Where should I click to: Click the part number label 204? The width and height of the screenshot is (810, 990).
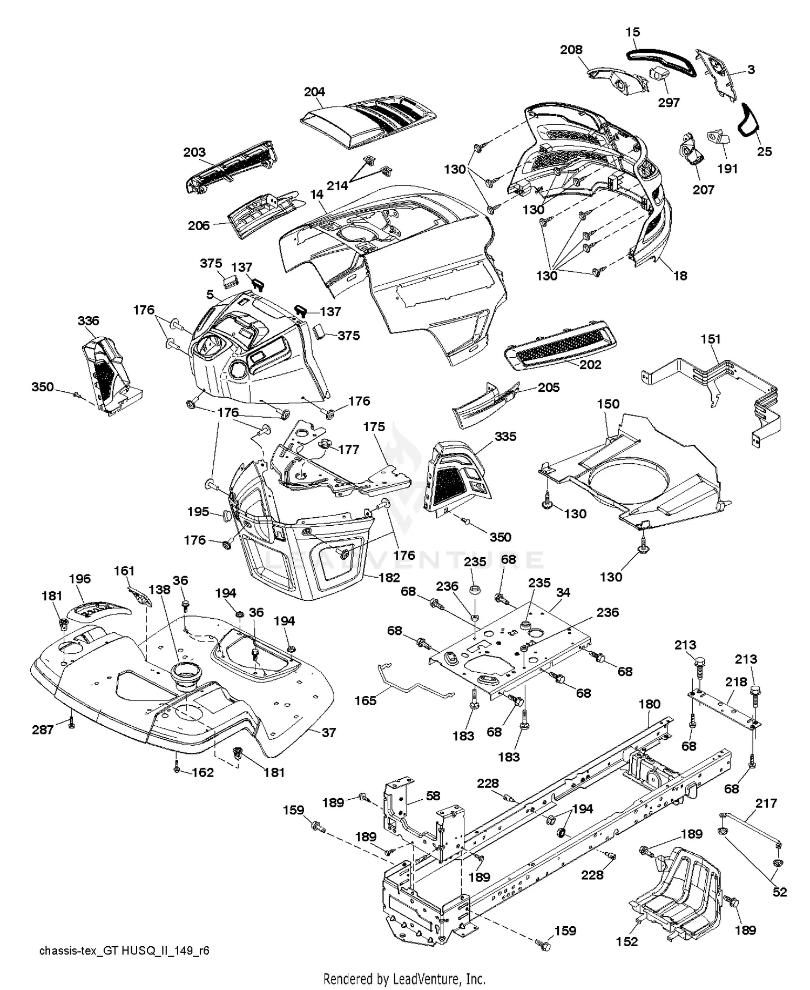(314, 92)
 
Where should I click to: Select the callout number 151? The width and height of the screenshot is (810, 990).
(711, 339)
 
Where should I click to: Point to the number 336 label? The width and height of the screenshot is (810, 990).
(88, 320)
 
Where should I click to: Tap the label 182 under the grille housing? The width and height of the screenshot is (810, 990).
(389, 577)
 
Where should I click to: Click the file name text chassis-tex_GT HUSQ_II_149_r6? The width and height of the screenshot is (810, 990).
(124, 951)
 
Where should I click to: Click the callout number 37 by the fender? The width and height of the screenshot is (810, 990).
(328, 732)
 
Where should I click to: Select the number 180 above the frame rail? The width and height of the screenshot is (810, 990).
(649, 704)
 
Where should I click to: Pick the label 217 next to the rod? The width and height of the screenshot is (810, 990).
(766, 803)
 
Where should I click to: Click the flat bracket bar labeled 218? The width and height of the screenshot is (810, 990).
(724, 706)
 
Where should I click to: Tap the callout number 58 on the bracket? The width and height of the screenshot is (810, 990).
(433, 795)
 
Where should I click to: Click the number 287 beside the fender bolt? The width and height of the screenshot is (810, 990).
(43, 730)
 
